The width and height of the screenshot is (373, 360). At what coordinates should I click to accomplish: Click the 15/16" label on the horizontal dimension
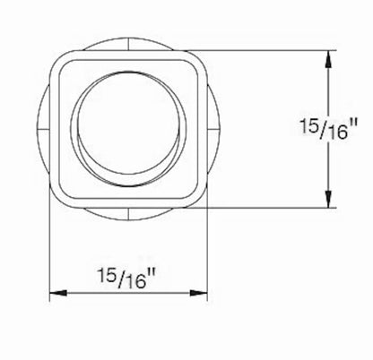[x=126, y=279]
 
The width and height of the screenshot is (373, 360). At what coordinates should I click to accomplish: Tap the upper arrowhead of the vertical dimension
[x=329, y=61]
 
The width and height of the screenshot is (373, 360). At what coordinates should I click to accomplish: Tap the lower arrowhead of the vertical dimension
[x=329, y=197]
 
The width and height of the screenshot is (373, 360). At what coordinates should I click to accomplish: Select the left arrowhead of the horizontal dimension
[x=58, y=293]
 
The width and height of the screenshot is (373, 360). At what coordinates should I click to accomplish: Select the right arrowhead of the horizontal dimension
[x=198, y=293]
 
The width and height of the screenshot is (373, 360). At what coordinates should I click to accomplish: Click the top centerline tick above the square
[x=128, y=44]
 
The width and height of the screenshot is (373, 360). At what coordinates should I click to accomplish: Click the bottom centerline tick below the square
[x=128, y=214]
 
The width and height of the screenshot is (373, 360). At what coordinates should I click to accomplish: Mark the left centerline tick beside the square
[x=43, y=129]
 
